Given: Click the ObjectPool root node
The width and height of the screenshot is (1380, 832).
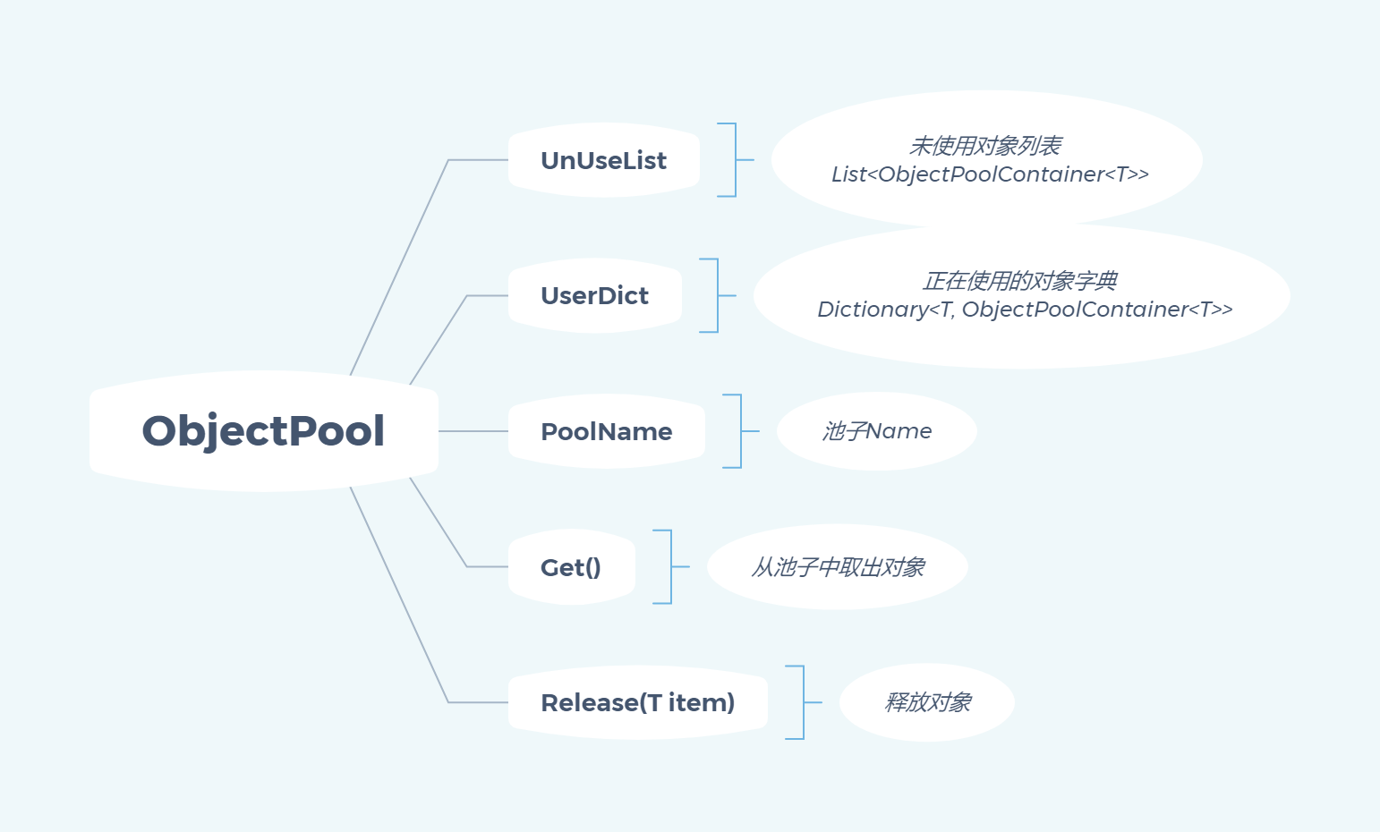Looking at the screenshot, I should (x=263, y=430).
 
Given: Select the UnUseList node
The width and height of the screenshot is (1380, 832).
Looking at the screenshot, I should (x=603, y=160).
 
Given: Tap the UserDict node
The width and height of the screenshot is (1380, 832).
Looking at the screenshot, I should (x=594, y=295).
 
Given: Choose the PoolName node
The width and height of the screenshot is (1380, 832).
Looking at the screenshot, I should (x=606, y=431).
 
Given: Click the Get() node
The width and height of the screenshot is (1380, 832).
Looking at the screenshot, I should (x=571, y=567).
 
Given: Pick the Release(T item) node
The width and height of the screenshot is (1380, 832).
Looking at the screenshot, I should (x=637, y=702).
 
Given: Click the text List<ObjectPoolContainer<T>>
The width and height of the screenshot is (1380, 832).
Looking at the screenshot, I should (x=990, y=174).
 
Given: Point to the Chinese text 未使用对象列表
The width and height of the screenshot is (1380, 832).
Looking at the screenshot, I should (x=985, y=145).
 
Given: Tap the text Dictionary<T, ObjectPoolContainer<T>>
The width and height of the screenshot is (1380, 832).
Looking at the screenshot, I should (x=1025, y=310).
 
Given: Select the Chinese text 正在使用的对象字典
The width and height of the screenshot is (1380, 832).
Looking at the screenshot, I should (x=1020, y=281).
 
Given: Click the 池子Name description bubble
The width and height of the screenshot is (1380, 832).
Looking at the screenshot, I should (x=876, y=431).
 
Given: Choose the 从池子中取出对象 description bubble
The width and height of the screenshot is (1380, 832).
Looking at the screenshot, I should (x=838, y=567).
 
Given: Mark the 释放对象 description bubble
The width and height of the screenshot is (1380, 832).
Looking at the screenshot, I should (x=927, y=702).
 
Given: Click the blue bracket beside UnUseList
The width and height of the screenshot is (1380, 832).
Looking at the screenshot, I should (x=735, y=160).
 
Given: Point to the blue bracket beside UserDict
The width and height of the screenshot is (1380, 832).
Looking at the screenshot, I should (x=717, y=295).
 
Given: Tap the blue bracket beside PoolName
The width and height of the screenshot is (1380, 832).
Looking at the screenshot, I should (x=740, y=431).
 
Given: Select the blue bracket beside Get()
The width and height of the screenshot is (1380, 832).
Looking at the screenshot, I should (x=670, y=567).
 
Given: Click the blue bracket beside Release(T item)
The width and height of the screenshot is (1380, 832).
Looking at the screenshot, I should (x=803, y=702).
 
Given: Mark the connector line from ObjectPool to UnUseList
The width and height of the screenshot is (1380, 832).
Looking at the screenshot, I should (x=398, y=268).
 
